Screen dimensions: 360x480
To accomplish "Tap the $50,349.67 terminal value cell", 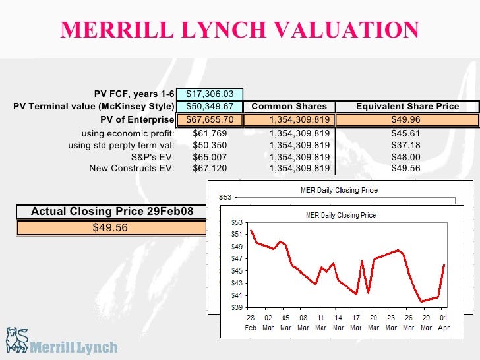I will [210, 107].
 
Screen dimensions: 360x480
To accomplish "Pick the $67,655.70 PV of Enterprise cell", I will [210, 120].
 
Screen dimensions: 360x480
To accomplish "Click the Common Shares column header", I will [289, 107].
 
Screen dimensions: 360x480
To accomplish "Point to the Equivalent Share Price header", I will [407, 107].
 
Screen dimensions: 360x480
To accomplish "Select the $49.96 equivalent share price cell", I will [407, 120].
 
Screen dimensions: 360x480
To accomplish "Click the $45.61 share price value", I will [407, 133].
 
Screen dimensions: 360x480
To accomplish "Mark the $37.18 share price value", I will [407, 144].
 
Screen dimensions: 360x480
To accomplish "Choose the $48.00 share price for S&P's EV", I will [407, 157].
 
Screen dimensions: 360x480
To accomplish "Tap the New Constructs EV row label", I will [132, 169].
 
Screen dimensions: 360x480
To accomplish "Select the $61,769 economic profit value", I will [210, 133].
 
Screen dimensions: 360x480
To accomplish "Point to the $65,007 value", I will [210, 157].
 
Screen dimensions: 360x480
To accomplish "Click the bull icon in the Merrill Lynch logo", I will [18, 341].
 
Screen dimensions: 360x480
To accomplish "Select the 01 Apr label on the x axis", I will [443, 322].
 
